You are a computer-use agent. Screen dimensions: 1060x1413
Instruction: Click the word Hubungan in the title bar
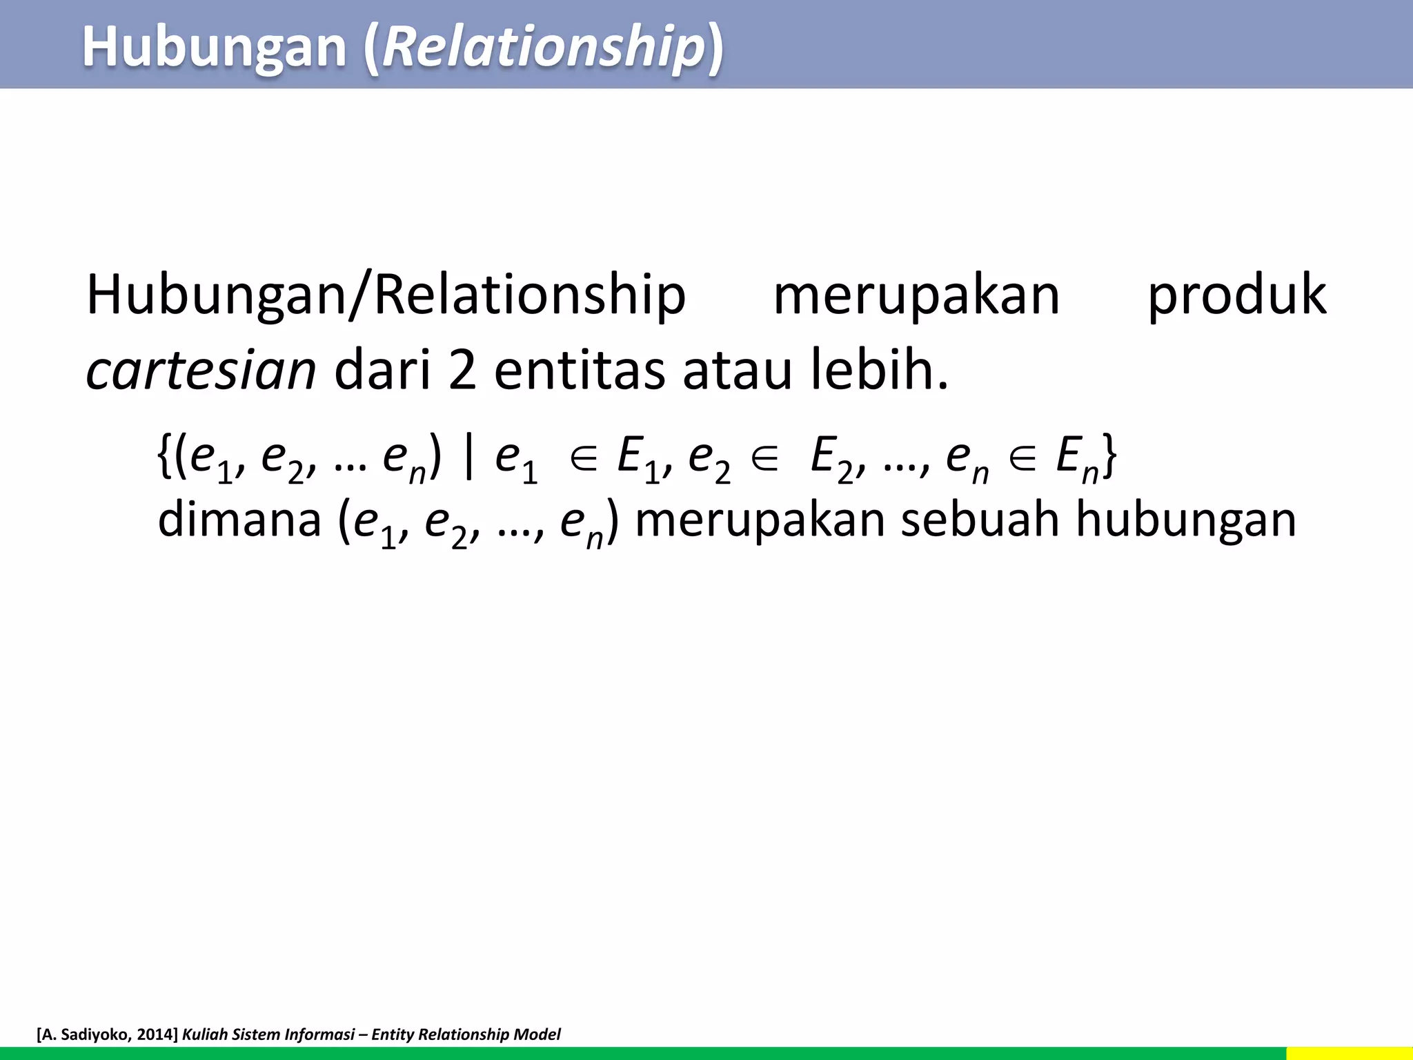[214, 47]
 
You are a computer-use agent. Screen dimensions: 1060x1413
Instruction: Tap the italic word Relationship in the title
[542, 47]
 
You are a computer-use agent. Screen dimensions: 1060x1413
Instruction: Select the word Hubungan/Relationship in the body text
[386, 295]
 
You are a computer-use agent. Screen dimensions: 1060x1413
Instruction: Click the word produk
[1236, 295]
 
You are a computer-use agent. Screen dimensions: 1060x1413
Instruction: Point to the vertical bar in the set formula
[469, 457]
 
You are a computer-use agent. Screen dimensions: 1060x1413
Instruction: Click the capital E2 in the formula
[831, 458]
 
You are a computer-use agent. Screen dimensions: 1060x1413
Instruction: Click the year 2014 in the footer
[152, 1034]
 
